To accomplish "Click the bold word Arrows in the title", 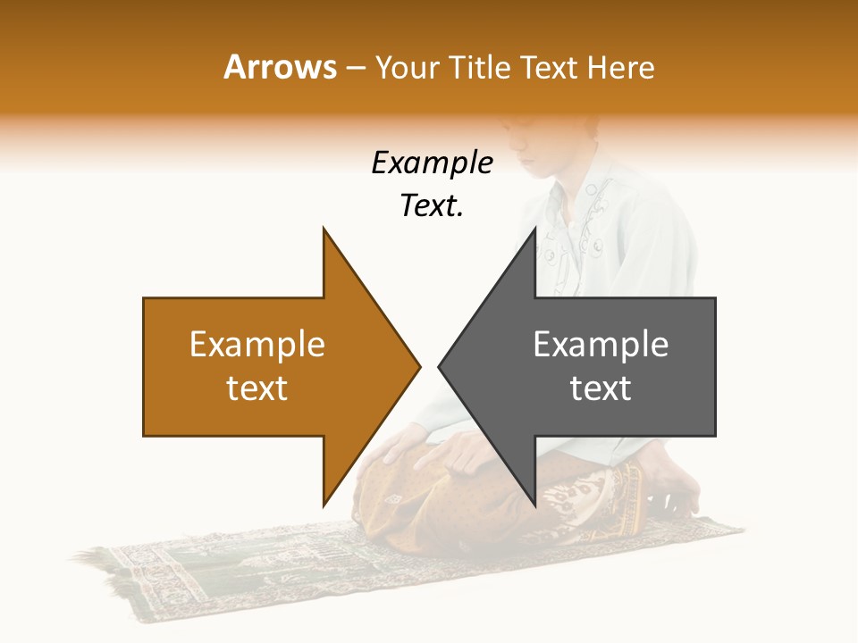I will click(x=280, y=67).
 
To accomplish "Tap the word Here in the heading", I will click(x=620, y=67).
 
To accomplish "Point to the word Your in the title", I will click(x=407, y=67).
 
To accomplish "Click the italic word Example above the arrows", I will click(x=432, y=163).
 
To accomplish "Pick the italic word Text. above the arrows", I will click(x=432, y=206).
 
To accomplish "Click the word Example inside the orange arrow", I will click(x=257, y=345).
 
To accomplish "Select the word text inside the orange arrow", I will click(x=257, y=388).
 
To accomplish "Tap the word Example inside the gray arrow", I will click(x=601, y=345).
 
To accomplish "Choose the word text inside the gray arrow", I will click(x=601, y=388).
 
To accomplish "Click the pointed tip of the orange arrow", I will click(x=419, y=366).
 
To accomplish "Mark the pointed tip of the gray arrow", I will click(x=440, y=366).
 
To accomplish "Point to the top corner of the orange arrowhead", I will click(x=324, y=229).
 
